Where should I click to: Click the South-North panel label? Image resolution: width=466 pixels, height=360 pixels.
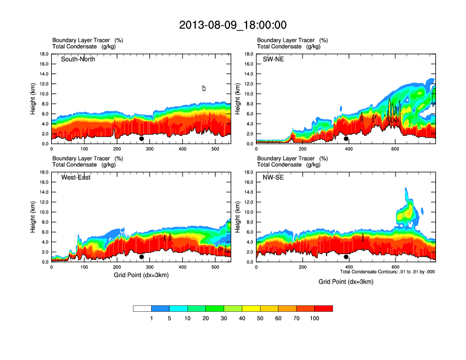click(78, 59)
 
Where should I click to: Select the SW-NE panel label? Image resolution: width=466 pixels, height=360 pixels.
click(273, 59)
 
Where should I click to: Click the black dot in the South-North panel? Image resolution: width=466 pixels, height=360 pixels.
click(141, 139)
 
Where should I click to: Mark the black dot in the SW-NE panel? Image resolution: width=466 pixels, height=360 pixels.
click(346, 139)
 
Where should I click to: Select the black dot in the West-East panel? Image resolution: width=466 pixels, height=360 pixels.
click(141, 257)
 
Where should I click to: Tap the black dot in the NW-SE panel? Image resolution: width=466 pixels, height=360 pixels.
click(346, 257)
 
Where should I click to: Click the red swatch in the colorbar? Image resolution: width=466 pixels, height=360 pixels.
click(324, 308)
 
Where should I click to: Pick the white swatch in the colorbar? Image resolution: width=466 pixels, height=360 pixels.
click(142, 308)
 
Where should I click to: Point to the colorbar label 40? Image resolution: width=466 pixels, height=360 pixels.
click(242, 318)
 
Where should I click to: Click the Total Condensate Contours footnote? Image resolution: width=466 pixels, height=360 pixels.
click(387, 272)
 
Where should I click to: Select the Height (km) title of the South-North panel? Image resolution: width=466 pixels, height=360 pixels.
click(34, 99)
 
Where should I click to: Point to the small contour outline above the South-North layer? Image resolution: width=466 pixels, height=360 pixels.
click(204, 88)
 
